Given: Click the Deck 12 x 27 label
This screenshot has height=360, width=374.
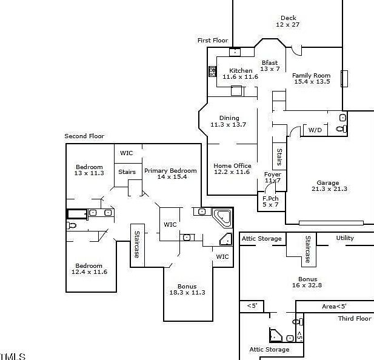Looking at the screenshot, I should (x=288, y=22).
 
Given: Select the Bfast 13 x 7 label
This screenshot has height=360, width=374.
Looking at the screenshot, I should (x=270, y=65).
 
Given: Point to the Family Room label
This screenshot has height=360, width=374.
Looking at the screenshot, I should (x=312, y=79).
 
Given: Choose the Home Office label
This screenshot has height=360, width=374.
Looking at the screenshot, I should (x=232, y=169).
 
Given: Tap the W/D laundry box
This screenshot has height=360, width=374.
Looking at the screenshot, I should (x=315, y=130).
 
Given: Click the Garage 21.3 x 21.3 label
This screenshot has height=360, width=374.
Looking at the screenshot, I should (x=328, y=186).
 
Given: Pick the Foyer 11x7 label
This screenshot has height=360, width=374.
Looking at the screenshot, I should (x=272, y=178).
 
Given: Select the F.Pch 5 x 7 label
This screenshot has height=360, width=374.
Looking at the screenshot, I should (x=270, y=202).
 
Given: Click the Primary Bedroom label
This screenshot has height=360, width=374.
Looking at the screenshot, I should (x=170, y=174).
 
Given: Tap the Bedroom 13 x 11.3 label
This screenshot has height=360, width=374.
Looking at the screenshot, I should (x=89, y=170).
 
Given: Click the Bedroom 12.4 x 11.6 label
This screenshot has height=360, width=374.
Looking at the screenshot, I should (x=89, y=269).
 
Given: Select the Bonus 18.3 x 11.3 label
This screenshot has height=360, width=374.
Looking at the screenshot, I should (x=187, y=290).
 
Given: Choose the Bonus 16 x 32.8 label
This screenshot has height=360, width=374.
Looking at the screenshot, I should (x=307, y=282).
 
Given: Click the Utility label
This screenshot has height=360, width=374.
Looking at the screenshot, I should (x=345, y=238).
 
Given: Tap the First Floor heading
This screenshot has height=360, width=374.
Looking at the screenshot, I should (x=212, y=41).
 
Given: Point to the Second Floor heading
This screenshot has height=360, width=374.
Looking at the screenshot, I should (x=84, y=136).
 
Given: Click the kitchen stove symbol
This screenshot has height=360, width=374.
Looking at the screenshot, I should (x=213, y=72).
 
